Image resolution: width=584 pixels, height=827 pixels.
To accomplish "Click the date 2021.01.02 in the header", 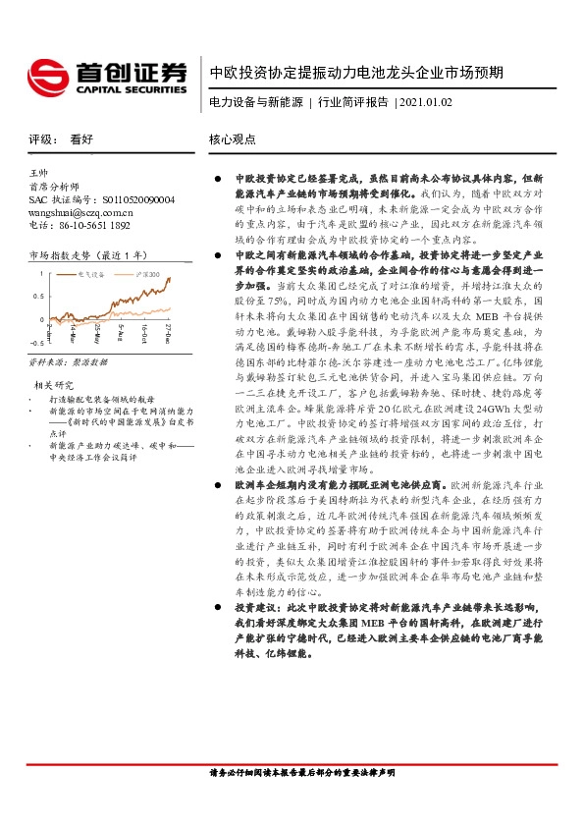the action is point(426,103).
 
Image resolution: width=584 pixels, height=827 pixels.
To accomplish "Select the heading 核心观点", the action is point(232,140).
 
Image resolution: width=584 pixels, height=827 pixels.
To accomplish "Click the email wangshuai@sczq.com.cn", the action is point(80,211).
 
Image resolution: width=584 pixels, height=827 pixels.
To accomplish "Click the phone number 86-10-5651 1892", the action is point(94,224).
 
